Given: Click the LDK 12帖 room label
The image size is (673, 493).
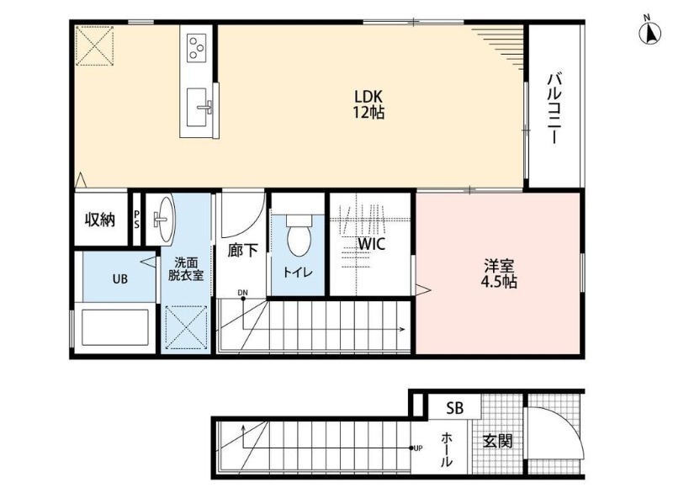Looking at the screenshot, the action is (x=368, y=103).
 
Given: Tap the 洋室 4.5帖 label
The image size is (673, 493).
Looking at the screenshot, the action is (x=499, y=273).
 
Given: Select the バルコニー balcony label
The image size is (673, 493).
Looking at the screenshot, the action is (x=554, y=109).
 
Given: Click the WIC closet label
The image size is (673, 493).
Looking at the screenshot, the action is (x=372, y=244).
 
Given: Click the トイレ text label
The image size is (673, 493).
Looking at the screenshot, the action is (x=298, y=272).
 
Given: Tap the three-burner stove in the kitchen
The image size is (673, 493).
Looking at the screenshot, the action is (x=197, y=47).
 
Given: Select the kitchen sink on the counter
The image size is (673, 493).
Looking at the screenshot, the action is (x=198, y=108).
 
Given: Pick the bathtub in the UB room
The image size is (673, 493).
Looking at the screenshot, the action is (x=115, y=327).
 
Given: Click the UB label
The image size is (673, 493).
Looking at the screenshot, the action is (x=120, y=279).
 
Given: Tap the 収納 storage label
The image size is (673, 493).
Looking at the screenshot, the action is (x=100, y=220).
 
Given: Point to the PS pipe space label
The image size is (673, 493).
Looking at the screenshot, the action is (x=136, y=220).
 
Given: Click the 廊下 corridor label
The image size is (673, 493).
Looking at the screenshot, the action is (x=242, y=251).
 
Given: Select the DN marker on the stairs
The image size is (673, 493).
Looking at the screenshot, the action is (x=243, y=293).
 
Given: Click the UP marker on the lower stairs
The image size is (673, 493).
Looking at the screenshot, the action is (x=418, y=448).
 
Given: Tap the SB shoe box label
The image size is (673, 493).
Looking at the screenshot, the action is (x=454, y=408).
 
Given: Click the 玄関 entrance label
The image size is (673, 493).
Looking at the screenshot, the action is (x=498, y=441).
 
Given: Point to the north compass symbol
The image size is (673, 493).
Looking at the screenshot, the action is (x=650, y=32).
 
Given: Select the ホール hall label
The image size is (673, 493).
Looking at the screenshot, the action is (x=447, y=449).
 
